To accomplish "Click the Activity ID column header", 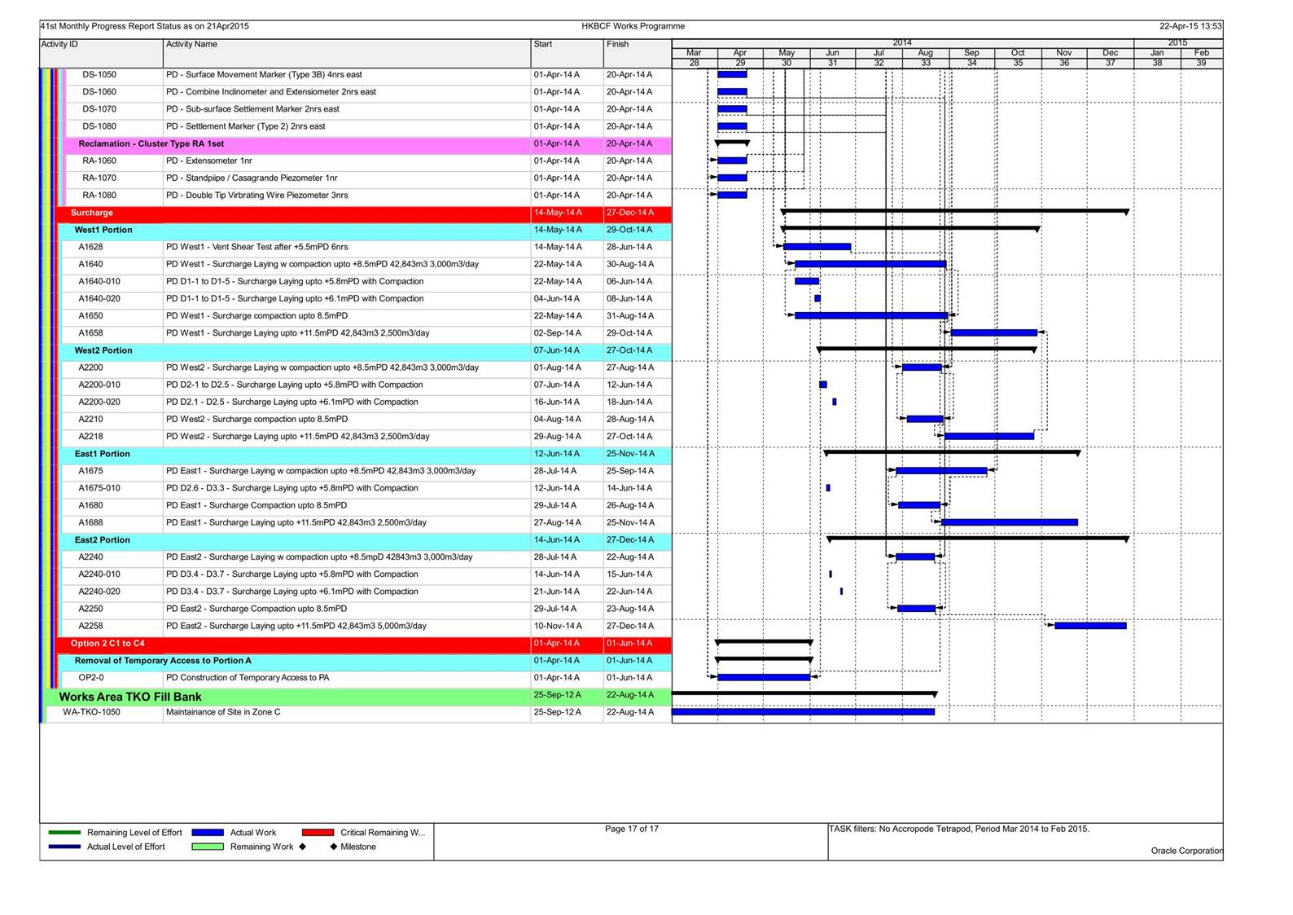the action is (59, 44).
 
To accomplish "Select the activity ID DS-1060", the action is (99, 92).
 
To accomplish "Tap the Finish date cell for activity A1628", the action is (629, 247).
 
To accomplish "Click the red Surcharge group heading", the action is (92, 213).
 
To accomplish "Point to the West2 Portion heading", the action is (103, 350).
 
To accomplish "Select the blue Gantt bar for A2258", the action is (1090, 626).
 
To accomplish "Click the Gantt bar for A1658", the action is (994, 332).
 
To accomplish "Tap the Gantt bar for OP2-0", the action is (764, 677).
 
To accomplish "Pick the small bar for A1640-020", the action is (817, 299).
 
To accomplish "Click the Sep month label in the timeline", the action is (971, 53).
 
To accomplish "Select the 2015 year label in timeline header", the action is (1177, 42).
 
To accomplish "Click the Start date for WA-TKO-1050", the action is (557, 711).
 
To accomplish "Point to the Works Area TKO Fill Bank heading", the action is (130, 697).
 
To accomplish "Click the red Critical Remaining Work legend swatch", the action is (318, 833).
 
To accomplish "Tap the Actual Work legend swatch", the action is (208, 833).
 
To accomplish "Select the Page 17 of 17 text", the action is (632, 829).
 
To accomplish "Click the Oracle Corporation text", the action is (1187, 851).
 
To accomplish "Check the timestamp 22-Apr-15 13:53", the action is (1191, 26).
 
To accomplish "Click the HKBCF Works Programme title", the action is (633, 26).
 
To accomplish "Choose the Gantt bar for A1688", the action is (1010, 522).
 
